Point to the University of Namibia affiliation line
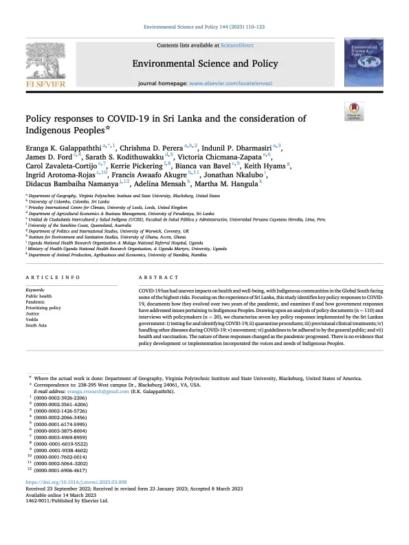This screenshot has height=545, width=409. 130,254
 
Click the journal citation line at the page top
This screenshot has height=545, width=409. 204,27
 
